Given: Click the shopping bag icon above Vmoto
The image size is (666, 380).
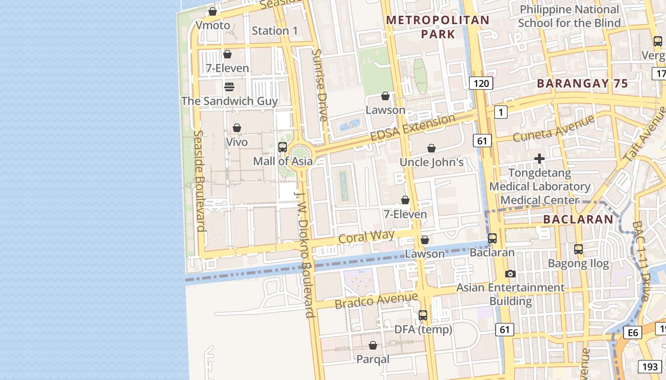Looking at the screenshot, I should tap(213, 11).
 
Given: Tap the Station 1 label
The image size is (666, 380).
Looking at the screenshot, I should tap(274, 31).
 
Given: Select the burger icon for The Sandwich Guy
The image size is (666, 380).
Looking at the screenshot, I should tap(229, 87).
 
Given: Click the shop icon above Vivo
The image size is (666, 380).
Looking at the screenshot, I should tap(236, 128).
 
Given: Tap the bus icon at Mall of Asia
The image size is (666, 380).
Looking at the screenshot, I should tap(282, 147).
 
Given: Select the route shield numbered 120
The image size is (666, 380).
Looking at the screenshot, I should tap(481, 84).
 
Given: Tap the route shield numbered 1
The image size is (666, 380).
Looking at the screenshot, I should tap(500, 112).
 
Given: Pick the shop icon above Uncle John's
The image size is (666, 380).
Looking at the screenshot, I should tap(431, 148).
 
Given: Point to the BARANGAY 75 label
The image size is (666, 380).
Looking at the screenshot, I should tap(582, 84).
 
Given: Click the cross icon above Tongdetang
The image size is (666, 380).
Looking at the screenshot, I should tap(539, 159).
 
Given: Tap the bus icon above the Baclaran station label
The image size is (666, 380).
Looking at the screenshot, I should tap(492, 238).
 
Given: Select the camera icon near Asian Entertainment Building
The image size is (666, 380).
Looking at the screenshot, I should tap(510, 274).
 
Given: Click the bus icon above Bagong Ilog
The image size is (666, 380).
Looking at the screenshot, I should tap(578, 249).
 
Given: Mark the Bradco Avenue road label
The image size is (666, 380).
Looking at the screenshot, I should tap(376, 300).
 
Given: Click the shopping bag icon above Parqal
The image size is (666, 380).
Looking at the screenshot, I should tap(372, 345).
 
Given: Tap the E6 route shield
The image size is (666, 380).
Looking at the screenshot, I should tap(632, 332).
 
